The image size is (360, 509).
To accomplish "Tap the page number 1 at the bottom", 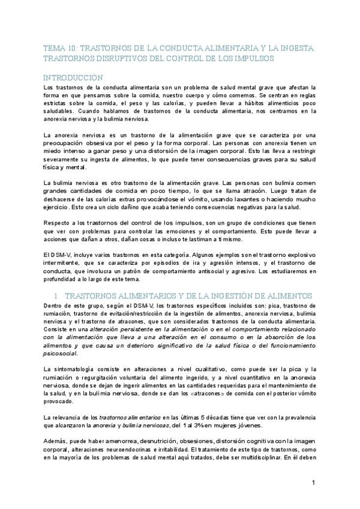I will [314, 483].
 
